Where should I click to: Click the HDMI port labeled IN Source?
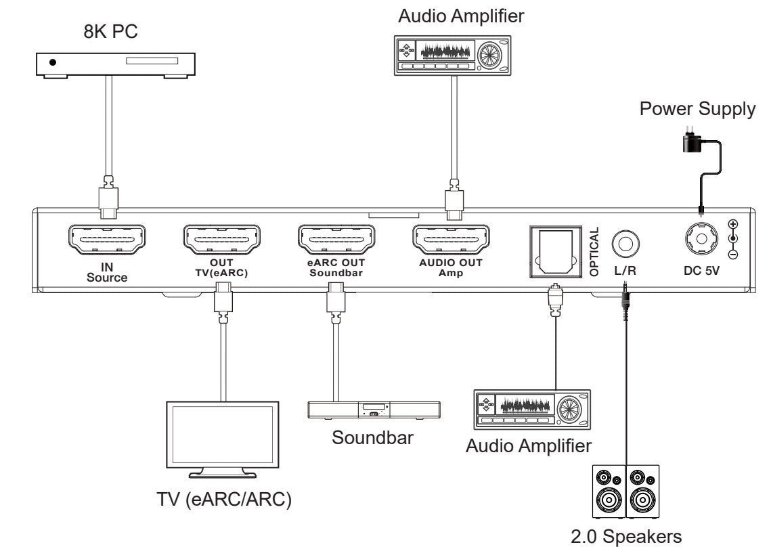point(108,240)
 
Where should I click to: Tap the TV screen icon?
point(221,433)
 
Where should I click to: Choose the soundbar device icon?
point(374,410)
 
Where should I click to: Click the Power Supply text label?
point(697,110)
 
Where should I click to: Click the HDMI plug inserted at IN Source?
point(108,198)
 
